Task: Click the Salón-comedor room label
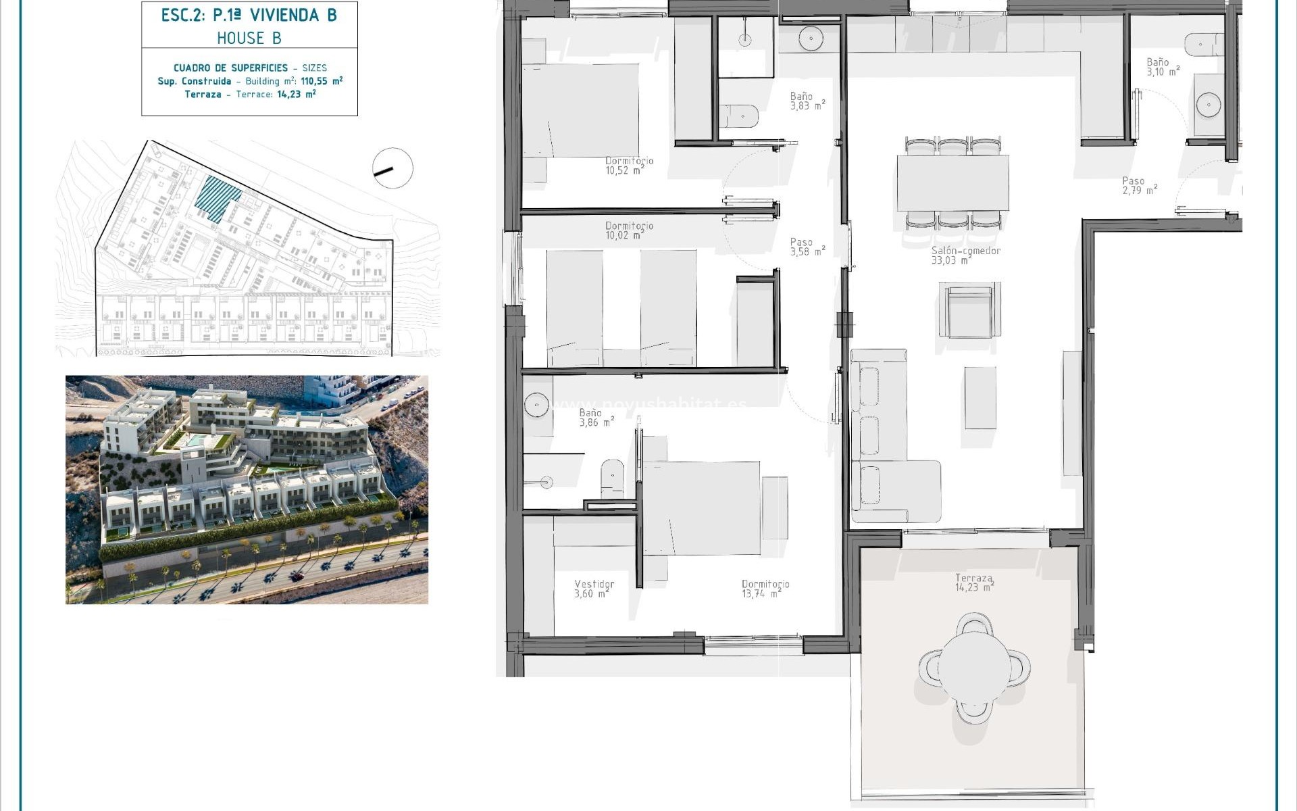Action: tap(965, 255)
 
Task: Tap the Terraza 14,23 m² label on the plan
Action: tap(973, 583)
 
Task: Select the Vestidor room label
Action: tap(594, 589)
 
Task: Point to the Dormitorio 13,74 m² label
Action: tap(765, 589)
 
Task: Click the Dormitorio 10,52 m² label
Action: tap(629, 166)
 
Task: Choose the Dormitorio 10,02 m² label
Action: tap(629, 230)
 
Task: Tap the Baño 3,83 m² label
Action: tap(807, 101)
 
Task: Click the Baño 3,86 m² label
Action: tap(595, 418)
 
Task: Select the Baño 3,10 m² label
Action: tap(1163, 67)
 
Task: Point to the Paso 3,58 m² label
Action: tap(807, 247)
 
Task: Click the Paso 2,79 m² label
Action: tap(1139, 186)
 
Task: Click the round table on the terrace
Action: tap(974, 666)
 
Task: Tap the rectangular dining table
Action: tap(952, 182)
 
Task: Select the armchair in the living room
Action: tap(969, 311)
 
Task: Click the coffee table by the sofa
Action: tap(980, 397)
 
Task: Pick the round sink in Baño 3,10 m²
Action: tap(1208, 105)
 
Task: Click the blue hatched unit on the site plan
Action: tap(218, 197)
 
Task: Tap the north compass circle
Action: tap(392, 168)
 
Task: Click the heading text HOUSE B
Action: tap(249, 39)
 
